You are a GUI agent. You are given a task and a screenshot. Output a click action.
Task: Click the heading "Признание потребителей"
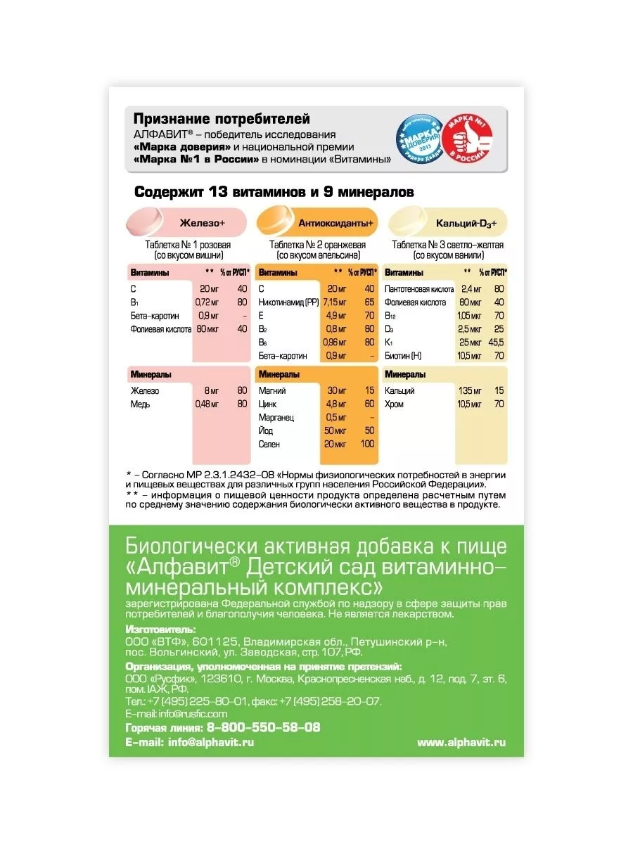pyautogui.click(x=222, y=119)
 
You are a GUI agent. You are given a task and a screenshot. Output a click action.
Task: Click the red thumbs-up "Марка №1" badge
pyautogui.click(x=466, y=139)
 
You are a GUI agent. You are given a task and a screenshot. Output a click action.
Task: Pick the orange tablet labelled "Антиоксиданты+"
pyautogui.click(x=278, y=222)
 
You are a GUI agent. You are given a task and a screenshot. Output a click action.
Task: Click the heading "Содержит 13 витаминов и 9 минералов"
pyautogui.click(x=274, y=192)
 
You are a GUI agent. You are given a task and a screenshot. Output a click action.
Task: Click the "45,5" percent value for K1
pyautogui.click(x=496, y=343)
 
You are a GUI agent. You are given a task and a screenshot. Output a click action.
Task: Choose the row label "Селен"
pyautogui.click(x=269, y=445)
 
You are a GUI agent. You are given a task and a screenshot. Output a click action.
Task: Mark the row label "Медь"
pyautogui.click(x=140, y=404)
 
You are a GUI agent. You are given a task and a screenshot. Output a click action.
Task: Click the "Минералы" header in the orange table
pyautogui.click(x=279, y=375)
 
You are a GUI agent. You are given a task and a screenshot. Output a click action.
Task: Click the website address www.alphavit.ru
pyautogui.click(x=461, y=742)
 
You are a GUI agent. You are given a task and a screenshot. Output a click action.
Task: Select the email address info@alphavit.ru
pyautogui.click(x=211, y=742)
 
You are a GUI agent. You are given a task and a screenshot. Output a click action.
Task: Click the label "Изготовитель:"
pyautogui.click(x=160, y=629)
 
